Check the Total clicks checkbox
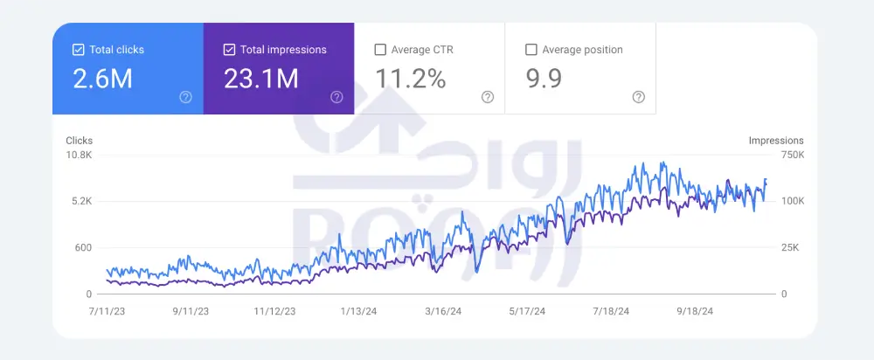(78, 50)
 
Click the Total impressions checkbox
(229, 50)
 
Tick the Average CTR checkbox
(380, 50)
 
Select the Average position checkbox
(531, 50)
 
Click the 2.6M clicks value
(102, 80)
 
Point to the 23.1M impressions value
(260, 80)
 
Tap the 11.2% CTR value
(411, 80)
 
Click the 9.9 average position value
(544, 80)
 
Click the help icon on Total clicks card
(185, 97)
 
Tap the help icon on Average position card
(639, 97)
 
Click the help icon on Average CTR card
(488, 97)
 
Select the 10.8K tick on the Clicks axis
(80, 155)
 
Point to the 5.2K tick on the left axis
(81, 201)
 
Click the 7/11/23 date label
(105, 310)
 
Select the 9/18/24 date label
(695, 310)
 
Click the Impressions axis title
(776, 141)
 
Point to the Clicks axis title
(79, 141)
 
